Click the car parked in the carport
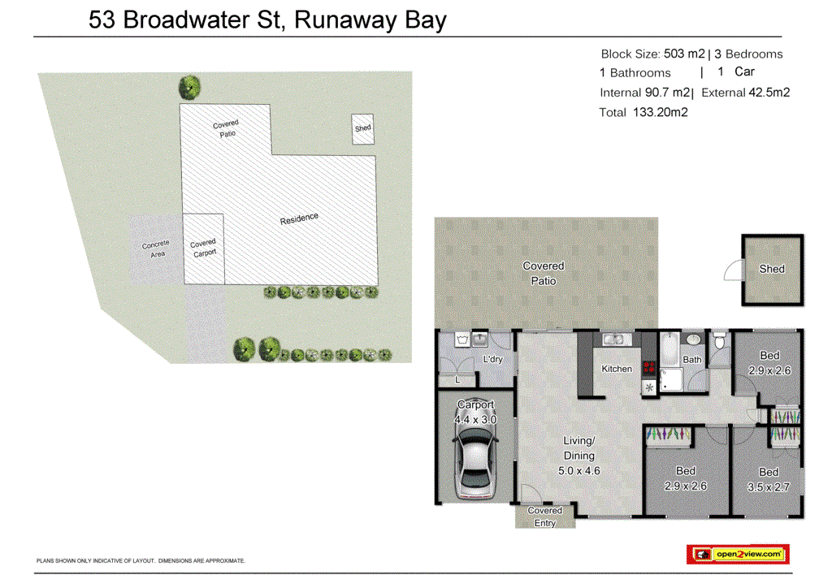click(x=474, y=465)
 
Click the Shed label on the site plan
click(x=362, y=128)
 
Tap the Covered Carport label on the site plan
click(x=203, y=248)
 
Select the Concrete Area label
click(x=156, y=249)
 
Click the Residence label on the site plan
click(x=299, y=219)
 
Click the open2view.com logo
click(x=738, y=554)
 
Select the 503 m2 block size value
click(x=684, y=54)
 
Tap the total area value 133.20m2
click(x=660, y=113)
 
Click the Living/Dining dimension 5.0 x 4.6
click(x=580, y=469)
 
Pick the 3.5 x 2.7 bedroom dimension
click(x=769, y=487)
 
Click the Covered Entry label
click(x=544, y=517)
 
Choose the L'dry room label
click(x=492, y=359)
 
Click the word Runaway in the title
click(x=348, y=19)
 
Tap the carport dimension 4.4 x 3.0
click(x=475, y=419)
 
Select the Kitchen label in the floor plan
click(x=617, y=369)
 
